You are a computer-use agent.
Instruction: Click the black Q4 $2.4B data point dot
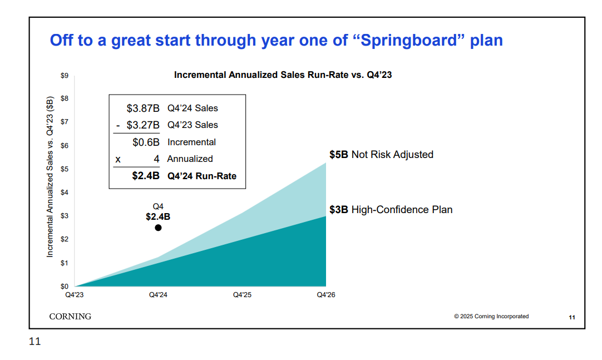pyautogui.click(x=158, y=228)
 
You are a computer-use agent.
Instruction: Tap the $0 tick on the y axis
pyautogui.click(x=65, y=286)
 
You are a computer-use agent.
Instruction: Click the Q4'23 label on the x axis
pyautogui.click(x=74, y=295)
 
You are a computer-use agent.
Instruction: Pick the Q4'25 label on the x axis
pyautogui.click(x=242, y=295)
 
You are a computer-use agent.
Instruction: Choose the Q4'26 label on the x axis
pyautogui.click(x=326, y=295)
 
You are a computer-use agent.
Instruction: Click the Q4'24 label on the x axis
pyautogui.click(x=158, y=295)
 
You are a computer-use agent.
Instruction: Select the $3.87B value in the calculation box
pyautogui.click(x=143, y=109)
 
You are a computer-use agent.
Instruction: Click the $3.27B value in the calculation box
pyautogui.click(x=143, y=125)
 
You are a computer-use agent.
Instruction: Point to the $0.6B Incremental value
pyautogui.click(x=146, y=142)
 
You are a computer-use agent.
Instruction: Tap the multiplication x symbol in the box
pyautogui.click(x=117, y=159)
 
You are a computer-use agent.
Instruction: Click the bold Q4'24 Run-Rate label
pyautogui.click(x=201, y=176)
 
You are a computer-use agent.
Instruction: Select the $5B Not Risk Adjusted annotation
pyautogui.click(x=381, y=155)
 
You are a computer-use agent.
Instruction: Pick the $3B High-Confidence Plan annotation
pyautogui.click(x=391, y=210)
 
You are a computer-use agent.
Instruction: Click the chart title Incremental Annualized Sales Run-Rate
pyautogui.click(x=283, y=75)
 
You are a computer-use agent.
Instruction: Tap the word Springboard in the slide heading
pyautogui.click(x=409, y=41)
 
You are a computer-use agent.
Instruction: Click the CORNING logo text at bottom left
pyautogui.click(x=70, y=317)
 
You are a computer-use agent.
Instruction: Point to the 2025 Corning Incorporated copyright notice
pyautogui.click(x=491, y=317)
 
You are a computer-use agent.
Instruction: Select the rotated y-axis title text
pyautogui.click(x=50, y=176)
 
